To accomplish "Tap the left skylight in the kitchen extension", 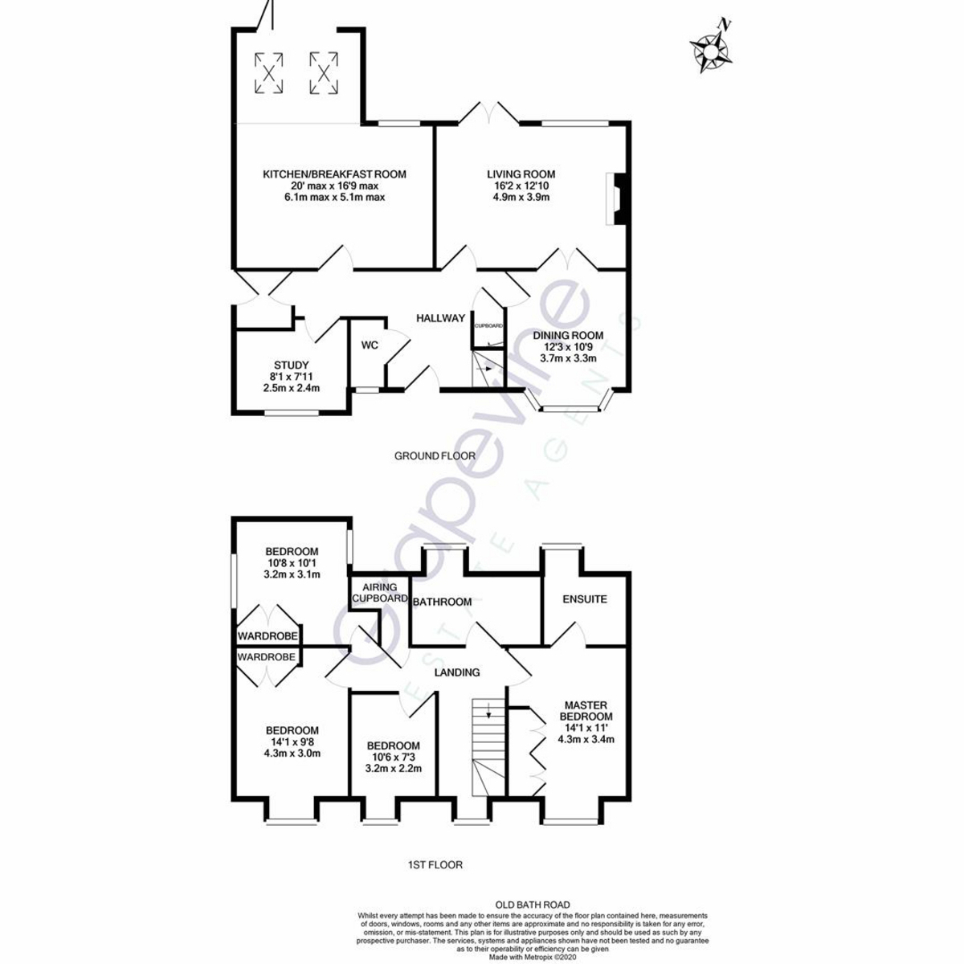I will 269,72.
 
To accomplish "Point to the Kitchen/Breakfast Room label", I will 334,174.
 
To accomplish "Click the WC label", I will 370,345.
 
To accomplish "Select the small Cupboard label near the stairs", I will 488,325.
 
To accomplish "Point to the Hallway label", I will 440,318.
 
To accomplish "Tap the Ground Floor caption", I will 435,455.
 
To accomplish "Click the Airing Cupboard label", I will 380,593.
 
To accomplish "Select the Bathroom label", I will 442,602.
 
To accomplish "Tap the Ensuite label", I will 585,599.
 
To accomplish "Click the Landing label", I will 457,672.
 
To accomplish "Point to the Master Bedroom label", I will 586,711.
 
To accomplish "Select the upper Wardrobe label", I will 268,636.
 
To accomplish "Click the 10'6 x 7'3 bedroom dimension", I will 393,757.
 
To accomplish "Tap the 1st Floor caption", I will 435,865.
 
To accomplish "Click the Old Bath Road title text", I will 533,905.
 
